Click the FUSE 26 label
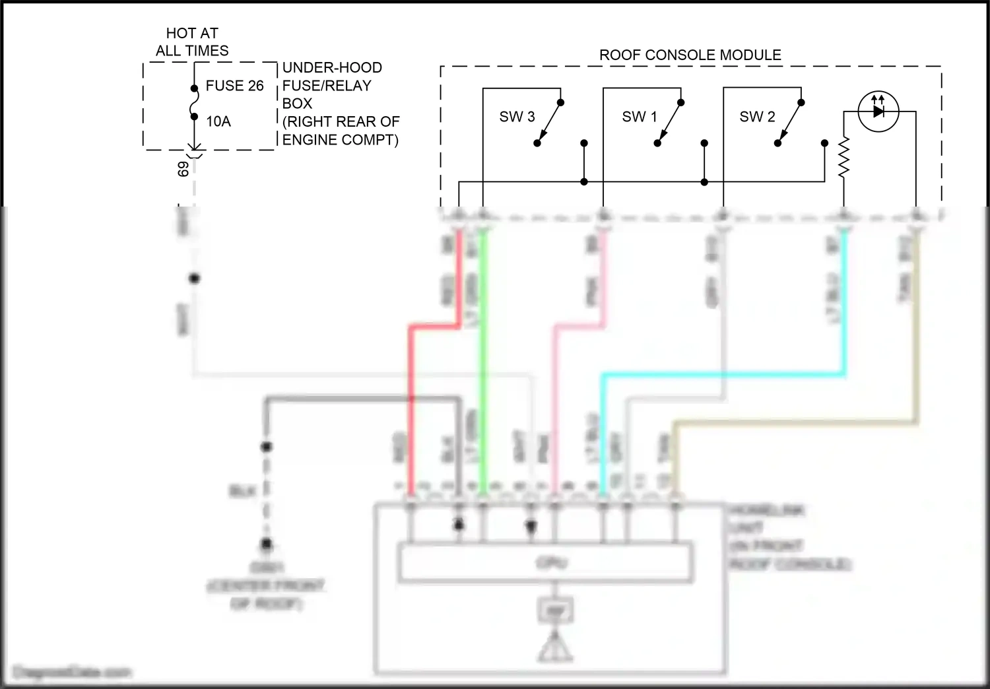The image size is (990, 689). [x=234, y=86]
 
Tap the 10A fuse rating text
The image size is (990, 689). [x=218, y=121]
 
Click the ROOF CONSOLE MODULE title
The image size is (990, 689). [x=690, y=55]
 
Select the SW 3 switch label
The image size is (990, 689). [x=517, y=117]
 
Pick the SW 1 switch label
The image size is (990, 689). [x=639, y=117]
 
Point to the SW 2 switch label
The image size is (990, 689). [x=757, y=117]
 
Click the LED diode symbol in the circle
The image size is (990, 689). [x=878, y=112]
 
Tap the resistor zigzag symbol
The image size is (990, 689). [x=843, y=158]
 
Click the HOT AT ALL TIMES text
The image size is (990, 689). [x=192, y=42]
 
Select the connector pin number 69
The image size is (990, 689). [x=183, y=169]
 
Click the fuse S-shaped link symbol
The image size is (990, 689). [x=194, y=103]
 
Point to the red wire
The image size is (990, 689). [x=411, y=409]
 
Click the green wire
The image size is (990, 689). [x=484, y=370]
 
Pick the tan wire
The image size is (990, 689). [x=792, y=421]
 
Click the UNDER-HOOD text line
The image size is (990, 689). [x=332, y=67]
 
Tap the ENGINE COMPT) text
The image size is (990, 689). [x=340, y=140]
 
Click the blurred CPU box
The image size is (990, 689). [x=546, y=562]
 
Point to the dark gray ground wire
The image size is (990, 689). [x=363, y=399]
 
